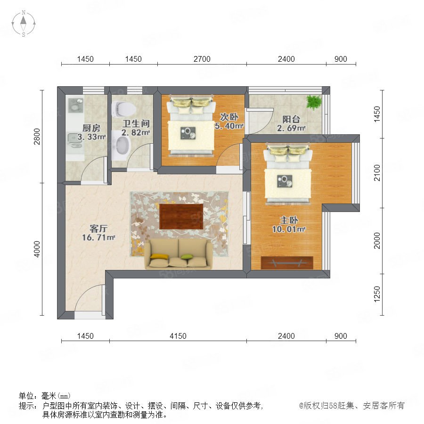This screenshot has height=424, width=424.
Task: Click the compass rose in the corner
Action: click(24, 24)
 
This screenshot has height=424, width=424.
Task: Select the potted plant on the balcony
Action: click(314, 102)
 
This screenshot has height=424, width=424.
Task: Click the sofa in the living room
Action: click(179, 254)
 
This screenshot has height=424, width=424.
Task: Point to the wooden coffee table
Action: click(181, 217)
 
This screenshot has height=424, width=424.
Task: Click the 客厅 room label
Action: click(98, 228)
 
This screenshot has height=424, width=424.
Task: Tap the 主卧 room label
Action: click(289, 220)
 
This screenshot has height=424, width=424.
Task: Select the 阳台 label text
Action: click(291, 119)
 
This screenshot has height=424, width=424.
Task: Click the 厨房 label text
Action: click(91, 128)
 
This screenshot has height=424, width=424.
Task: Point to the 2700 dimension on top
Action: click(202, 59)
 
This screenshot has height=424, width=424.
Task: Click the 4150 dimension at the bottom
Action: click(178, 336)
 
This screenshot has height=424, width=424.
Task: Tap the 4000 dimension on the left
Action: click(37, 249)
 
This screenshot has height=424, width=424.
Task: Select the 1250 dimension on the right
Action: click(377, 294)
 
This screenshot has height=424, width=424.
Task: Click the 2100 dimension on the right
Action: click(377, 173)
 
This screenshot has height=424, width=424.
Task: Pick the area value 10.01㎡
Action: click(289, 229)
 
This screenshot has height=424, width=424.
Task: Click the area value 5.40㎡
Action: click(229, 126)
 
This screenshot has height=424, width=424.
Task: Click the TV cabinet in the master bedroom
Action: click(287, 262)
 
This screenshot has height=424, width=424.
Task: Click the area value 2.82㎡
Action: click(136, 132)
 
